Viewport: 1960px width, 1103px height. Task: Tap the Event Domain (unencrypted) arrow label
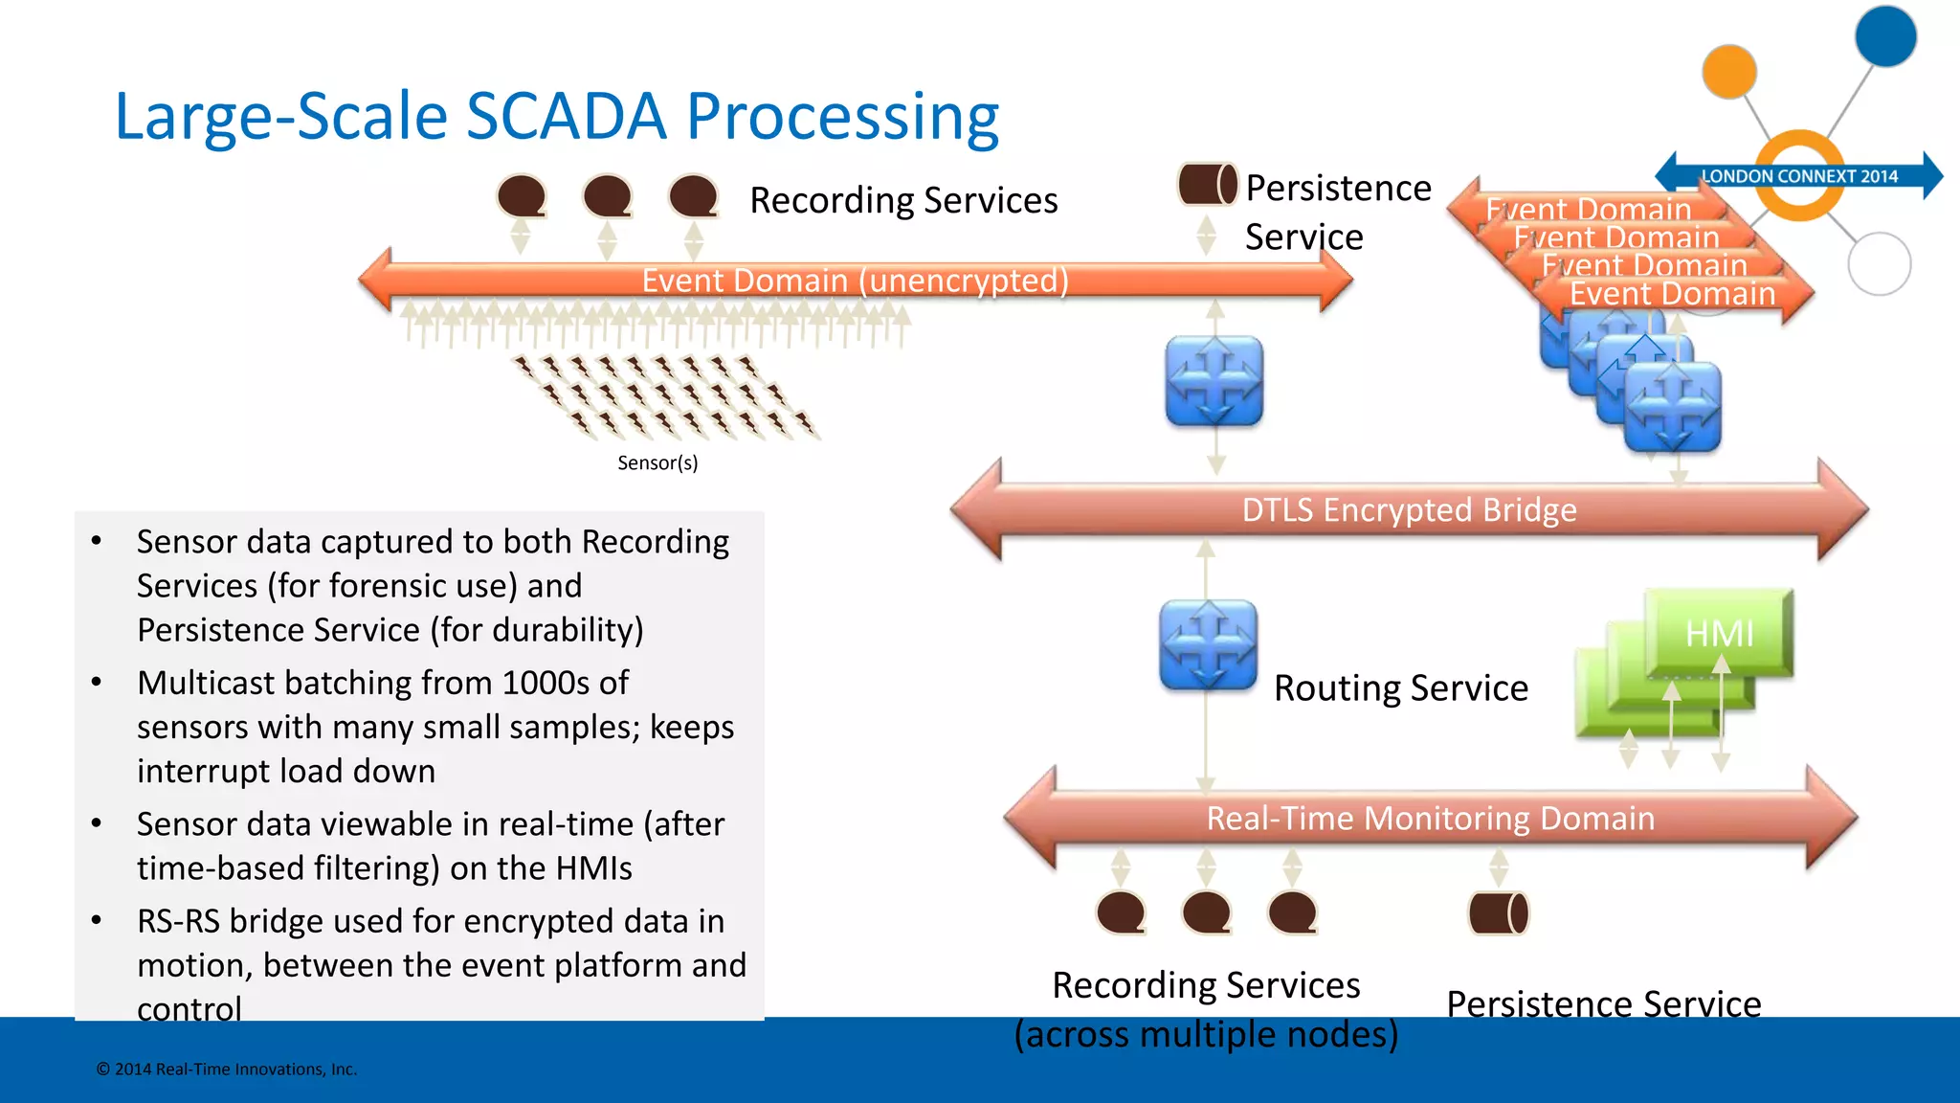point(855,281)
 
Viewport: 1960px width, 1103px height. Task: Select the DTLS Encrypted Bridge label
point(1409,510)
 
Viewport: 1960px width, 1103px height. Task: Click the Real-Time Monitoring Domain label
point(1430,819)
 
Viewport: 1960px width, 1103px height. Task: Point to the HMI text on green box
point(1719,633)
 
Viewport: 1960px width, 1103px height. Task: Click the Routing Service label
point(1401,688)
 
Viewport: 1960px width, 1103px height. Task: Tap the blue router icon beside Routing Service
point(1208,645)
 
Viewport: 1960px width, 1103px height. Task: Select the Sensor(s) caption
point(657,463)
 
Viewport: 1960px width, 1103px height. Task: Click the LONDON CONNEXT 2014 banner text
point(1799,176)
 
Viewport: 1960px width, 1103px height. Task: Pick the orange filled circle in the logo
point(1729,72)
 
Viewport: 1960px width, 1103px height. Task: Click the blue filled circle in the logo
point(1885,36)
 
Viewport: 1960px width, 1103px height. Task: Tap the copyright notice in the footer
point(227,1069)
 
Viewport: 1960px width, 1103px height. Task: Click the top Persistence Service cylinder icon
point(1207,184)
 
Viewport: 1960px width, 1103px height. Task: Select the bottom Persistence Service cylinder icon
point(1499,912)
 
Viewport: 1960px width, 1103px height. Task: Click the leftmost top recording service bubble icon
point(522,197)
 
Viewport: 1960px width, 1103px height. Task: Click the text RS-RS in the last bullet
point(178,921)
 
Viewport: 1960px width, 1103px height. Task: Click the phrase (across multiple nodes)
point(1206,1035)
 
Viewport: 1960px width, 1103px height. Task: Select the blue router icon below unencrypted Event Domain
point(1214,380)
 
